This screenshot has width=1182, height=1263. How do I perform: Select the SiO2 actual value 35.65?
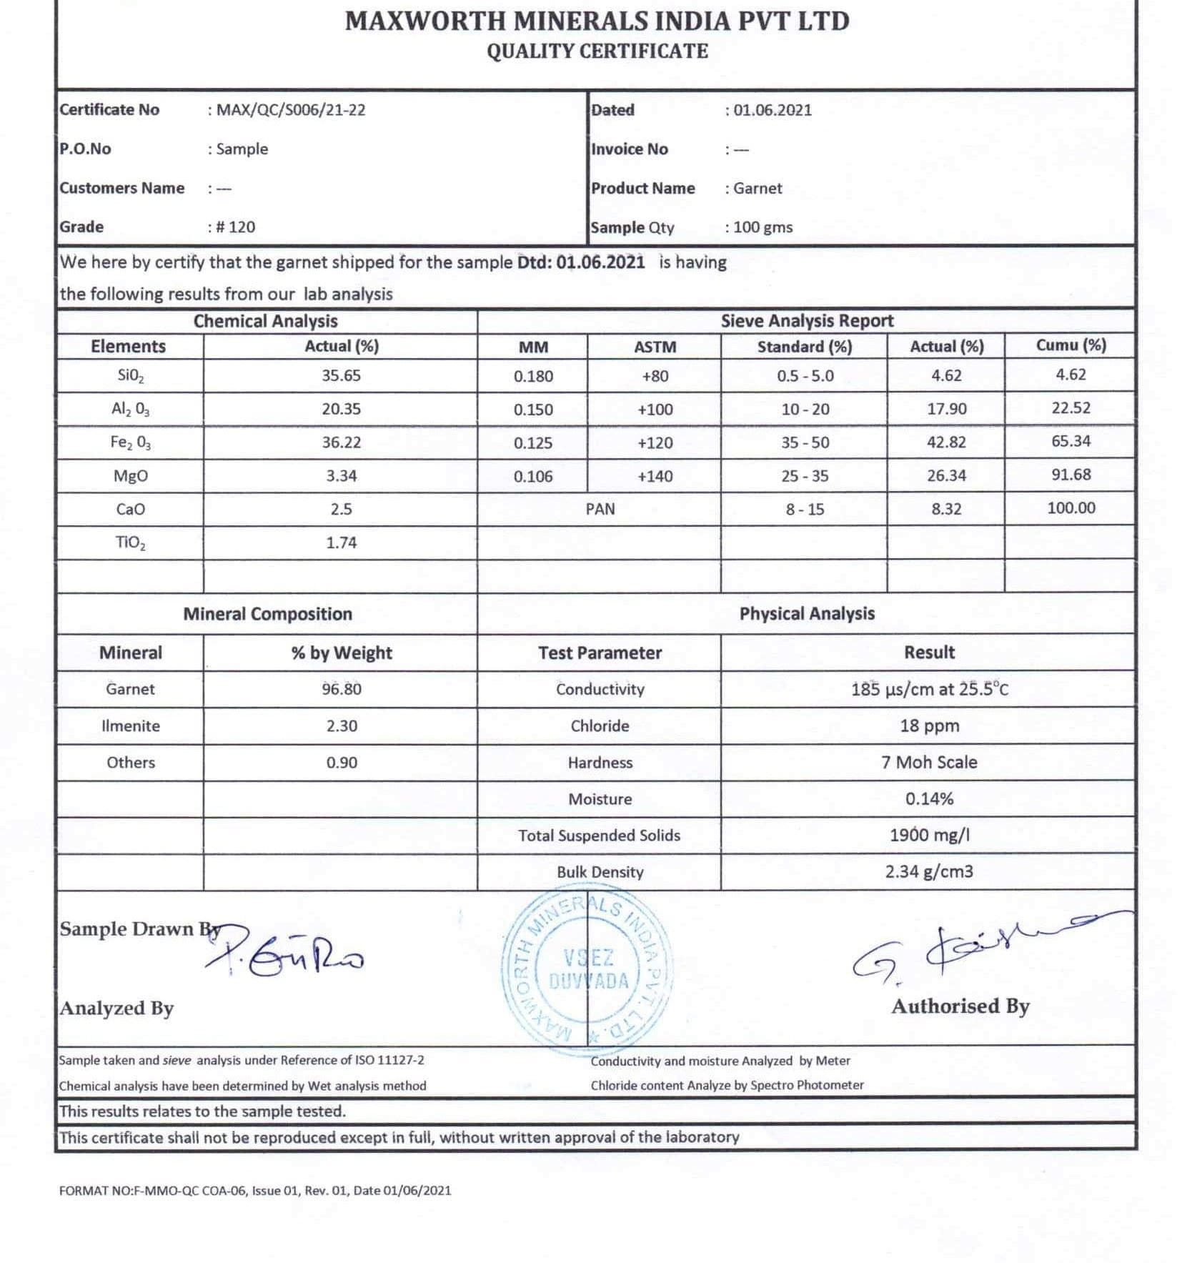coord(341,376)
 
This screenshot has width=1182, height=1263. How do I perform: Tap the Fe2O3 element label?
coord(130,443)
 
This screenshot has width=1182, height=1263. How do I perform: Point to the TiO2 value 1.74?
coord(341,543)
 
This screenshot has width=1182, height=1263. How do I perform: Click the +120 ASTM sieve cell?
coord(655,443)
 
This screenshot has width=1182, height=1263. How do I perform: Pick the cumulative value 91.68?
coord(1071,475)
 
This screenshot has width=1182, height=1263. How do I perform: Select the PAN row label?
coord(600,509)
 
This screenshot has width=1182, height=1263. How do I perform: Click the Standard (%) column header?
coord(804,347)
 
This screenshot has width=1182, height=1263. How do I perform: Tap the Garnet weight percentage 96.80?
coord(341,689)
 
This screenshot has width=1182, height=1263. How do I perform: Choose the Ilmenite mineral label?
coord(130,726)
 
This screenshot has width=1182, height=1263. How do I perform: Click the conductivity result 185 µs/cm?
coord(929,690)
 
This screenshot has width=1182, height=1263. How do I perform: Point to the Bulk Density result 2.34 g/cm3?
coord(929,872)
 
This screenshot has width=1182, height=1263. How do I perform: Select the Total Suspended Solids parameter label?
coord(599,836)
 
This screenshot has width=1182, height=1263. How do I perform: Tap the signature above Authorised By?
coord(979,948)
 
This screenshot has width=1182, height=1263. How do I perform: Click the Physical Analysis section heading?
coord(806,614)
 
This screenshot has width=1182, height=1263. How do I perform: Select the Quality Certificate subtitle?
coord(597,51)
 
